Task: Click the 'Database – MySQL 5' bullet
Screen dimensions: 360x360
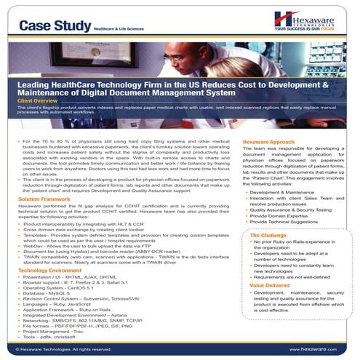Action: [47, 294]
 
